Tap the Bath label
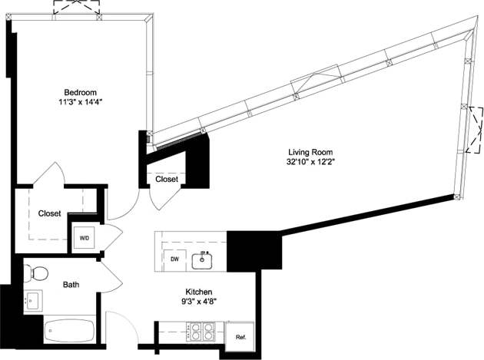(x=71, y=285)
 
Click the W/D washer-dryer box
(x=85, y=238)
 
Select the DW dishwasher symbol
(x=176, y=259)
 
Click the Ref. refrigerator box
(x=240, y=335)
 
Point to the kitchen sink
(x=203, y=260)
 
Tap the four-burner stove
(x=201, y=332)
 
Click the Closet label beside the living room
(x=167, y=179)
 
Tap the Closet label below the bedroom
(x=51, y=214)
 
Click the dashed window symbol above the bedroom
(x=75, y=7)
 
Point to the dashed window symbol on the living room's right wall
(x=475, y=130)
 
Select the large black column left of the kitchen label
(x=254, y=250)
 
